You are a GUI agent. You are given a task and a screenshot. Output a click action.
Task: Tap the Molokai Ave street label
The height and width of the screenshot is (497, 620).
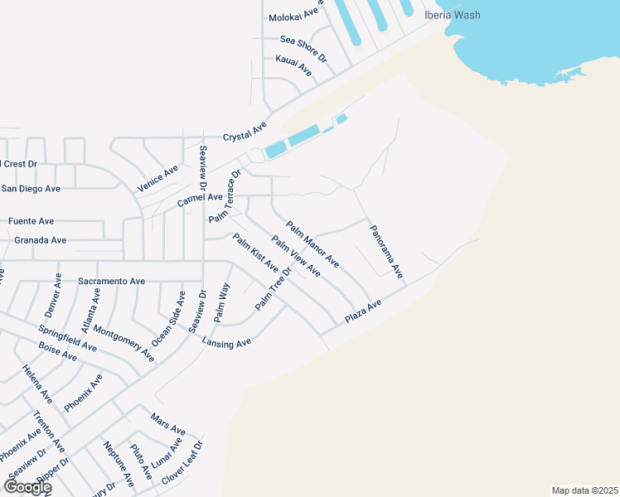[294, 16]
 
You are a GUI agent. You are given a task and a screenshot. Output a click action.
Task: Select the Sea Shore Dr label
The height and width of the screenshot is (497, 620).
[304, 50]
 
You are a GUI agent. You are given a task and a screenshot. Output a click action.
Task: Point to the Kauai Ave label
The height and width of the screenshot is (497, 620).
[293, 68]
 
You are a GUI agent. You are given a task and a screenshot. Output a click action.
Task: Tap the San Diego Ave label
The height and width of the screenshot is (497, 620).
[31, 189]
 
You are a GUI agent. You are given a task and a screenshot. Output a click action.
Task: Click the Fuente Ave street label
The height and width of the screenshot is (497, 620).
[31, 221]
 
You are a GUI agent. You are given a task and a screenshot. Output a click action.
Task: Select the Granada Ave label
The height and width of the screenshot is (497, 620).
[41, 240]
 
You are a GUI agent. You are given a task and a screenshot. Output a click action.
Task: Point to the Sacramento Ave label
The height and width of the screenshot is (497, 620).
[111, 282]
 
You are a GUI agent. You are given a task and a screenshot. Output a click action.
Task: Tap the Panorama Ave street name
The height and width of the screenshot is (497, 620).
[386, 251]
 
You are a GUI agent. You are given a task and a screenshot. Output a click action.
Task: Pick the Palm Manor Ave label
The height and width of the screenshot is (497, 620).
[312, 244]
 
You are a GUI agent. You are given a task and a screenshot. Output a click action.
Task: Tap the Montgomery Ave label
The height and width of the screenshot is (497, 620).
[124, 342]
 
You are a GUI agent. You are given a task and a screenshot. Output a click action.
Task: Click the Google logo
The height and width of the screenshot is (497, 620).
[27, 486]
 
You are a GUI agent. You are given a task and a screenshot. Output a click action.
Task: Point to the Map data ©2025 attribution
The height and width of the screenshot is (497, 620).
[585, 490]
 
